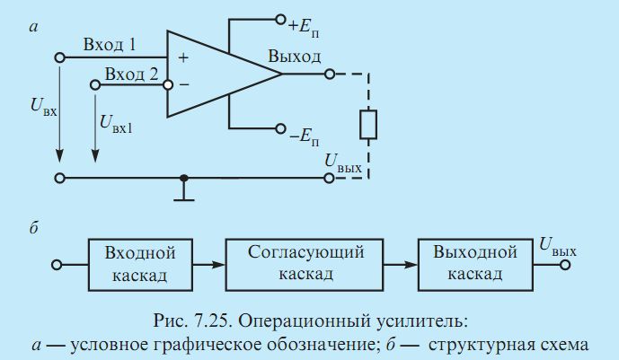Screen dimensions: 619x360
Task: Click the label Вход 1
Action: pos(110,45)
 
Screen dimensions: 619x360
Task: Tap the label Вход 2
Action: pos(131,74)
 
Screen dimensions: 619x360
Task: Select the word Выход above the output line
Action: pos(294,57)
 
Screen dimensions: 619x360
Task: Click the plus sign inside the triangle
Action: pos(183,58)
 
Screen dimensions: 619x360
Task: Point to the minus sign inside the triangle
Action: pos(184,84)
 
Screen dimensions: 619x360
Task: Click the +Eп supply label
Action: pos(303,28)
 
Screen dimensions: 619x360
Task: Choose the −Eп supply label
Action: pos(304,137)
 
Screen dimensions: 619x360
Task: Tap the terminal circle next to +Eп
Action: pos(280,20)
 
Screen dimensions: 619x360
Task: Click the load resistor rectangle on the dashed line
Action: pos(368,125)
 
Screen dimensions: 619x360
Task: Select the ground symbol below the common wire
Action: pos(183,193)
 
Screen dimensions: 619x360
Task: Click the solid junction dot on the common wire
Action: pos(183,179)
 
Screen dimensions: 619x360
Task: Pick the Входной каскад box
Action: pos(140,265)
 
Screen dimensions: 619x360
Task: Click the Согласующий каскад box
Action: pos(305,265)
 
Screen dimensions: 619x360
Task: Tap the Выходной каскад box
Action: pos(475,265)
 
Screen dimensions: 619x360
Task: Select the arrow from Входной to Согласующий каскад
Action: pos(208,265)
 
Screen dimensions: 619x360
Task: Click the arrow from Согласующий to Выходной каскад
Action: pos(401,265)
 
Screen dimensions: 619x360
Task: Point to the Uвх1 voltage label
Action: pos(116,124)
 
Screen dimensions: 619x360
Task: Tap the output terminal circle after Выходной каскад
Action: pos(565,265)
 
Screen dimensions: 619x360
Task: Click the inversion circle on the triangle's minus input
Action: pos(168,84)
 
